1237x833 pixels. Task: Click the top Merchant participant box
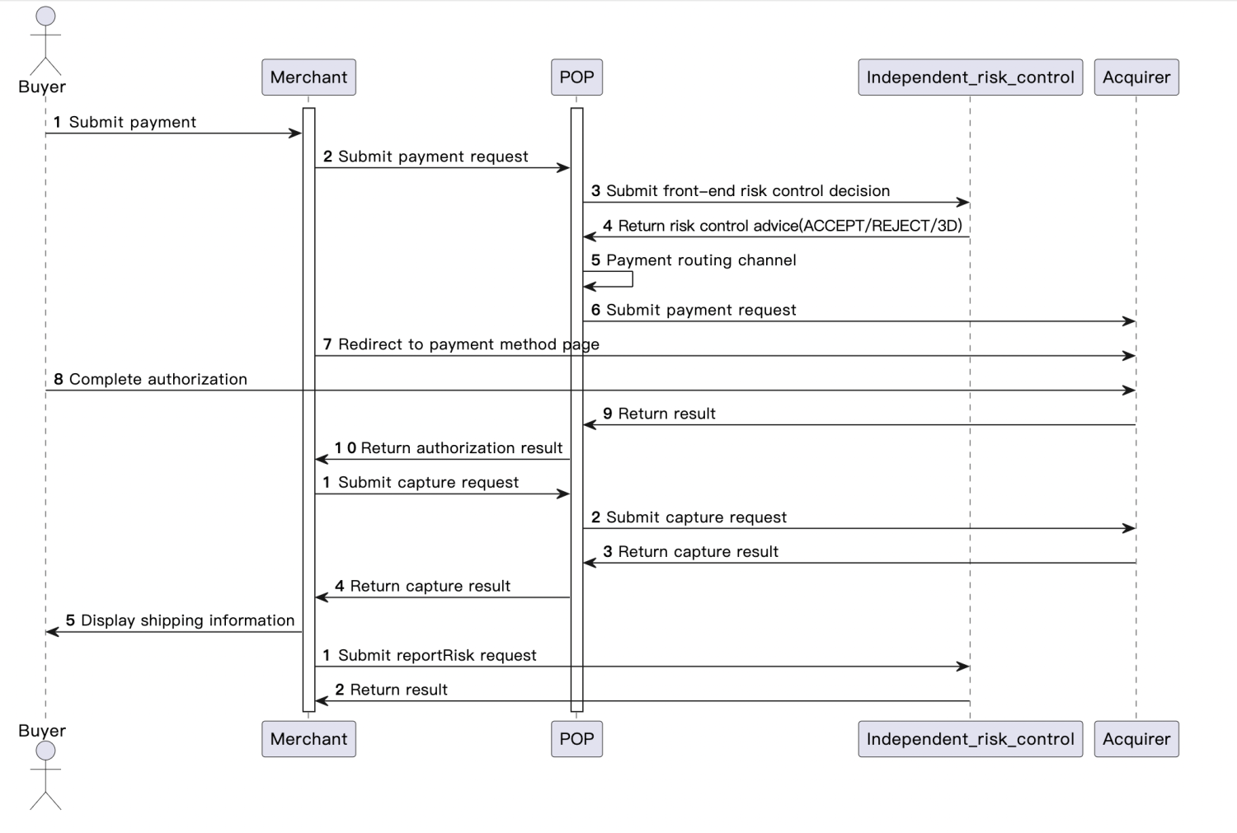[308, 77]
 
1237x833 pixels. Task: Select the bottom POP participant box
[576, 739]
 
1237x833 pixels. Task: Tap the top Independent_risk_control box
[970, 77]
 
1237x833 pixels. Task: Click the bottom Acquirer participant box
[1136, 739]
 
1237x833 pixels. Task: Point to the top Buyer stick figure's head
[46, 16]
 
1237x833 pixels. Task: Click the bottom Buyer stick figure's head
[46, 750]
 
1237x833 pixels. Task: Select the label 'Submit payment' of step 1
[132, 123]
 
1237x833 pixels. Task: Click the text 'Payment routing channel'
[701, 260]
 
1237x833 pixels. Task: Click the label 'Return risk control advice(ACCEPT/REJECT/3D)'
[789, 226]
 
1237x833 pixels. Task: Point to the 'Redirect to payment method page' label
[468, 344]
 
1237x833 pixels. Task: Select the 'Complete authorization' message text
[158, 379]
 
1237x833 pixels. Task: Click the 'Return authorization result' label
[461, 448]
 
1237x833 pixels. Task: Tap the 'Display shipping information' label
[187, 620]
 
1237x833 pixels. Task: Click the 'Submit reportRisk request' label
[437, 655]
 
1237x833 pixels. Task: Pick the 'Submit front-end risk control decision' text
[747, 191]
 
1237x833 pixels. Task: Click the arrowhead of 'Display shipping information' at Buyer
[52, 632]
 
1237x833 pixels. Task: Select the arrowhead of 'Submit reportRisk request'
[962, 667]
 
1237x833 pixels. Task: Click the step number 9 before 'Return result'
[608, 414]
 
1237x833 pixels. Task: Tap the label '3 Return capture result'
[690, 552]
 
